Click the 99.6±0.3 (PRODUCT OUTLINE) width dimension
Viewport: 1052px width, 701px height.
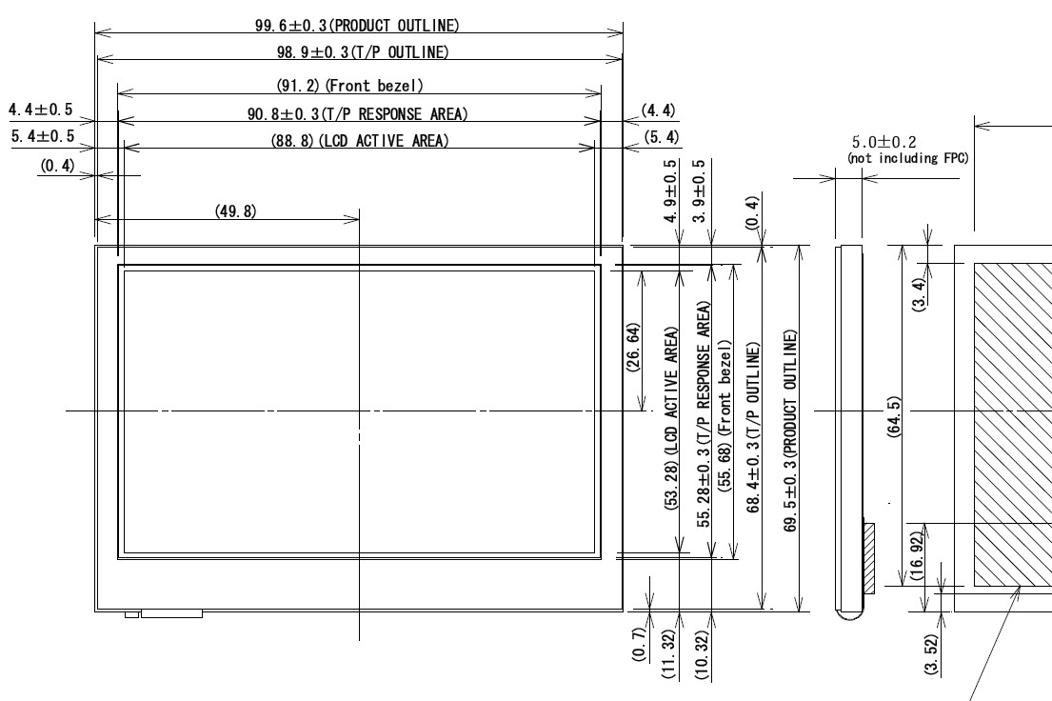(x=357, y=26)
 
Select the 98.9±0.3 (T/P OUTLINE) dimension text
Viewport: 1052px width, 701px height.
(x=363, y=51)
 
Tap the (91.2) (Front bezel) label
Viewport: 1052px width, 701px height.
(x=349, y=86)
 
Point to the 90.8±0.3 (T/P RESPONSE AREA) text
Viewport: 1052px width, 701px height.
(x=358, y=114)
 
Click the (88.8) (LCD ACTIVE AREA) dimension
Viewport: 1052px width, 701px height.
(x=360, y=140)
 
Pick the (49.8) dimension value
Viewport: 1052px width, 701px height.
(x=235, y=210)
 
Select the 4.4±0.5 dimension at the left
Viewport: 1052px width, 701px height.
(x=41, y=110)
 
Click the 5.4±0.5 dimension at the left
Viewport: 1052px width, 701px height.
(x=42, y=136)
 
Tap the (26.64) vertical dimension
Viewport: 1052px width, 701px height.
(x=633, y=347)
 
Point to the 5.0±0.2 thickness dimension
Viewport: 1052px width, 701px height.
(x=883, y=142)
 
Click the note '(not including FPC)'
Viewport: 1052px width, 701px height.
(x=907, y=158)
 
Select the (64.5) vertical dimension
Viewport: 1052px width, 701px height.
(x=893, y=417)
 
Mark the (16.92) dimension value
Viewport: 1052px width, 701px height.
(x=917, y=556)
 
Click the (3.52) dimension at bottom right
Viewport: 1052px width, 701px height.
(x=931, y=654)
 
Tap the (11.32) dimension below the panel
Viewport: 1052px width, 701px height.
(x=668, y=655)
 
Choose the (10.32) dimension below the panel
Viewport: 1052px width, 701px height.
(x=702, y=655)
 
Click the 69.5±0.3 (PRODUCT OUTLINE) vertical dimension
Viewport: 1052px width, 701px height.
(x=790, y=431)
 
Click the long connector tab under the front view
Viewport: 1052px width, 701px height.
(x=171, y=613)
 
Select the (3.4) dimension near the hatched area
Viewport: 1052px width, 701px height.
(x=919, y=293)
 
